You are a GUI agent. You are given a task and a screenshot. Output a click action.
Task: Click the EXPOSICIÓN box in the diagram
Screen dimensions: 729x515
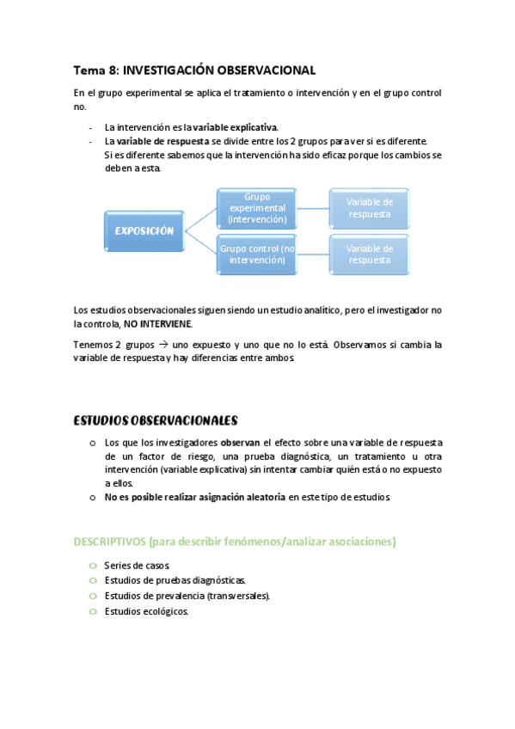(144, 231)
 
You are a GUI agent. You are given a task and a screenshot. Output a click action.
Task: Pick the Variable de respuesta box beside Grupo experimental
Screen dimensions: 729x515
(370, 208)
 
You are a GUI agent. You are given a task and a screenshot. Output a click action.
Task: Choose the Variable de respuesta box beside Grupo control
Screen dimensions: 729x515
(370, 254)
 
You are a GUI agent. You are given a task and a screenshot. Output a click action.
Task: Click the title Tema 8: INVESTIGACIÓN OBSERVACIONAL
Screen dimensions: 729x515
(194, 70)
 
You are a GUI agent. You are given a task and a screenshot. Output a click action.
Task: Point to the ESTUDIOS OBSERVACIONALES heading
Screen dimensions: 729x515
(155, 420)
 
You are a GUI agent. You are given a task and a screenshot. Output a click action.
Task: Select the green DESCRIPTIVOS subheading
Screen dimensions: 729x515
(234, 542)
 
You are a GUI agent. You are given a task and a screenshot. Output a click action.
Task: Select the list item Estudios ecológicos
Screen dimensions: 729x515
(145, 611)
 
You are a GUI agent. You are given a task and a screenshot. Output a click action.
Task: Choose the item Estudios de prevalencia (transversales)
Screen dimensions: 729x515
(187, 596)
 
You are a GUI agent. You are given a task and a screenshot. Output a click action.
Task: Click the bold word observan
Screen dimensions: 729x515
(240, 442)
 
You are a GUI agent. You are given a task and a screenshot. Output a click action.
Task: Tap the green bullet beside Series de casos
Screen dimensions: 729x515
(92, 566)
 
